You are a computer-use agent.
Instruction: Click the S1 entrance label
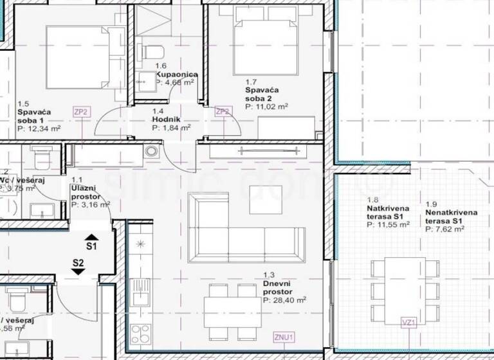coord(91,246)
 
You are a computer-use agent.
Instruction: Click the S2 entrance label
coord(78,262)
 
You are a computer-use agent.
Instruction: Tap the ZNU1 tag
coord(284,336)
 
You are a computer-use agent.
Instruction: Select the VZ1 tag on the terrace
coord(408,323)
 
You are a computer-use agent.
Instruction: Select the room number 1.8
coord(373,201)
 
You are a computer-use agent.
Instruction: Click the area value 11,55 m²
coord(389,225)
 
